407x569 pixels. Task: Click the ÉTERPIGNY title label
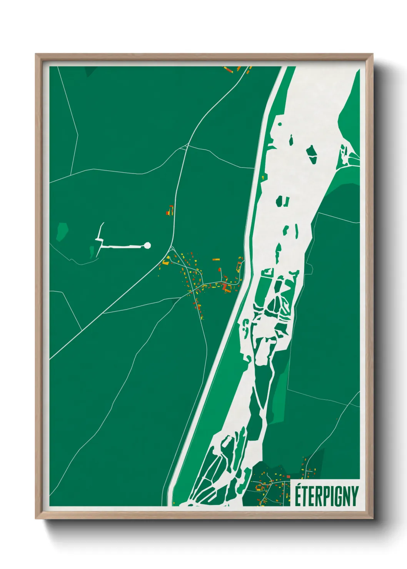click(x=326, y=496)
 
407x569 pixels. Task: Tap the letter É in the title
click(x=298, y=496)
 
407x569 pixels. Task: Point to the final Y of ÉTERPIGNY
click(x=355, y=497)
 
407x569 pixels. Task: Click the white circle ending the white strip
click(x=147, y=245)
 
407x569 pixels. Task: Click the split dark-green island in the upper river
click(x=283, y=201)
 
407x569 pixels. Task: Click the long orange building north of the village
click(x=216, y=260)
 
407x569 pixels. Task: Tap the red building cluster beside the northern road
click(x=170, y=211)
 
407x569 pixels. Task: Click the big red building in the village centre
click(x=224, y=286)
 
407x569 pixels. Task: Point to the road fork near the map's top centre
click(x=187, y=146)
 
